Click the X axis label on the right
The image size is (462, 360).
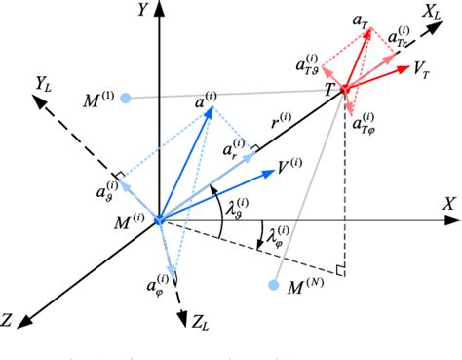448,204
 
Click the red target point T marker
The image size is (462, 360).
343,90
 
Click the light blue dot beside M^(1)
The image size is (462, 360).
124,98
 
